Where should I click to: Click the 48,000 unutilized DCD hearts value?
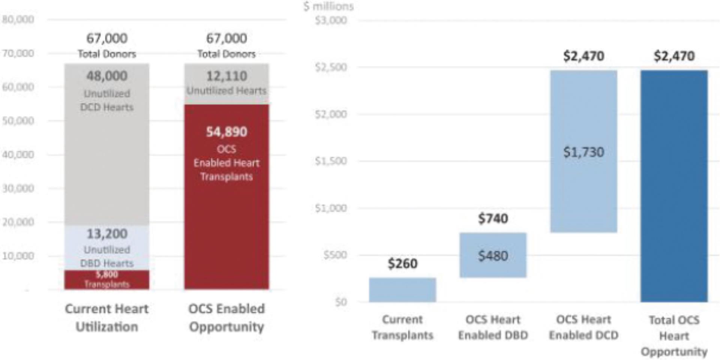(107, 76)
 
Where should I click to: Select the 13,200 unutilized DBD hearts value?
(107, 234)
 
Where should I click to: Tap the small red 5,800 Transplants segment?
(107, 279)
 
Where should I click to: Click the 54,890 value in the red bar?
(227, 132)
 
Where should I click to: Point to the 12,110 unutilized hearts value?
(227, 76)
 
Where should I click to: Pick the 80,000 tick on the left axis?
(18, 19)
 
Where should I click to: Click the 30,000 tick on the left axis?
(18, 188)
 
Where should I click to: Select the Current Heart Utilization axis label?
(107, 318)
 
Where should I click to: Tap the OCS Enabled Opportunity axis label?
(227, 318)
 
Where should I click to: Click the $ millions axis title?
(329, 6)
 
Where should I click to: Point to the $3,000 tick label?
(331, 20)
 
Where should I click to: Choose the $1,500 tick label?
(331, 161)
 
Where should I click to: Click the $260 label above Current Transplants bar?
(402, 264)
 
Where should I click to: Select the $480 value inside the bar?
(493, 256)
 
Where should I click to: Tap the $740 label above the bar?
(493, 218)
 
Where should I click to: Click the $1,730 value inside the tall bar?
(583, 152)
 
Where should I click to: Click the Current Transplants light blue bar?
(402, 290)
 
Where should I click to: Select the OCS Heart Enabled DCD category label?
(583, 327)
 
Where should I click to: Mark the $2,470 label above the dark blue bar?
(674, 56)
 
